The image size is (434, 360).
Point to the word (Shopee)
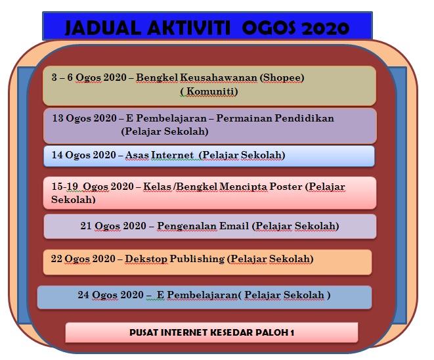[282, 78]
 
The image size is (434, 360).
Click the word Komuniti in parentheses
[209, 91]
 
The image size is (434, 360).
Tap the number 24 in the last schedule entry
[83, 295]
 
